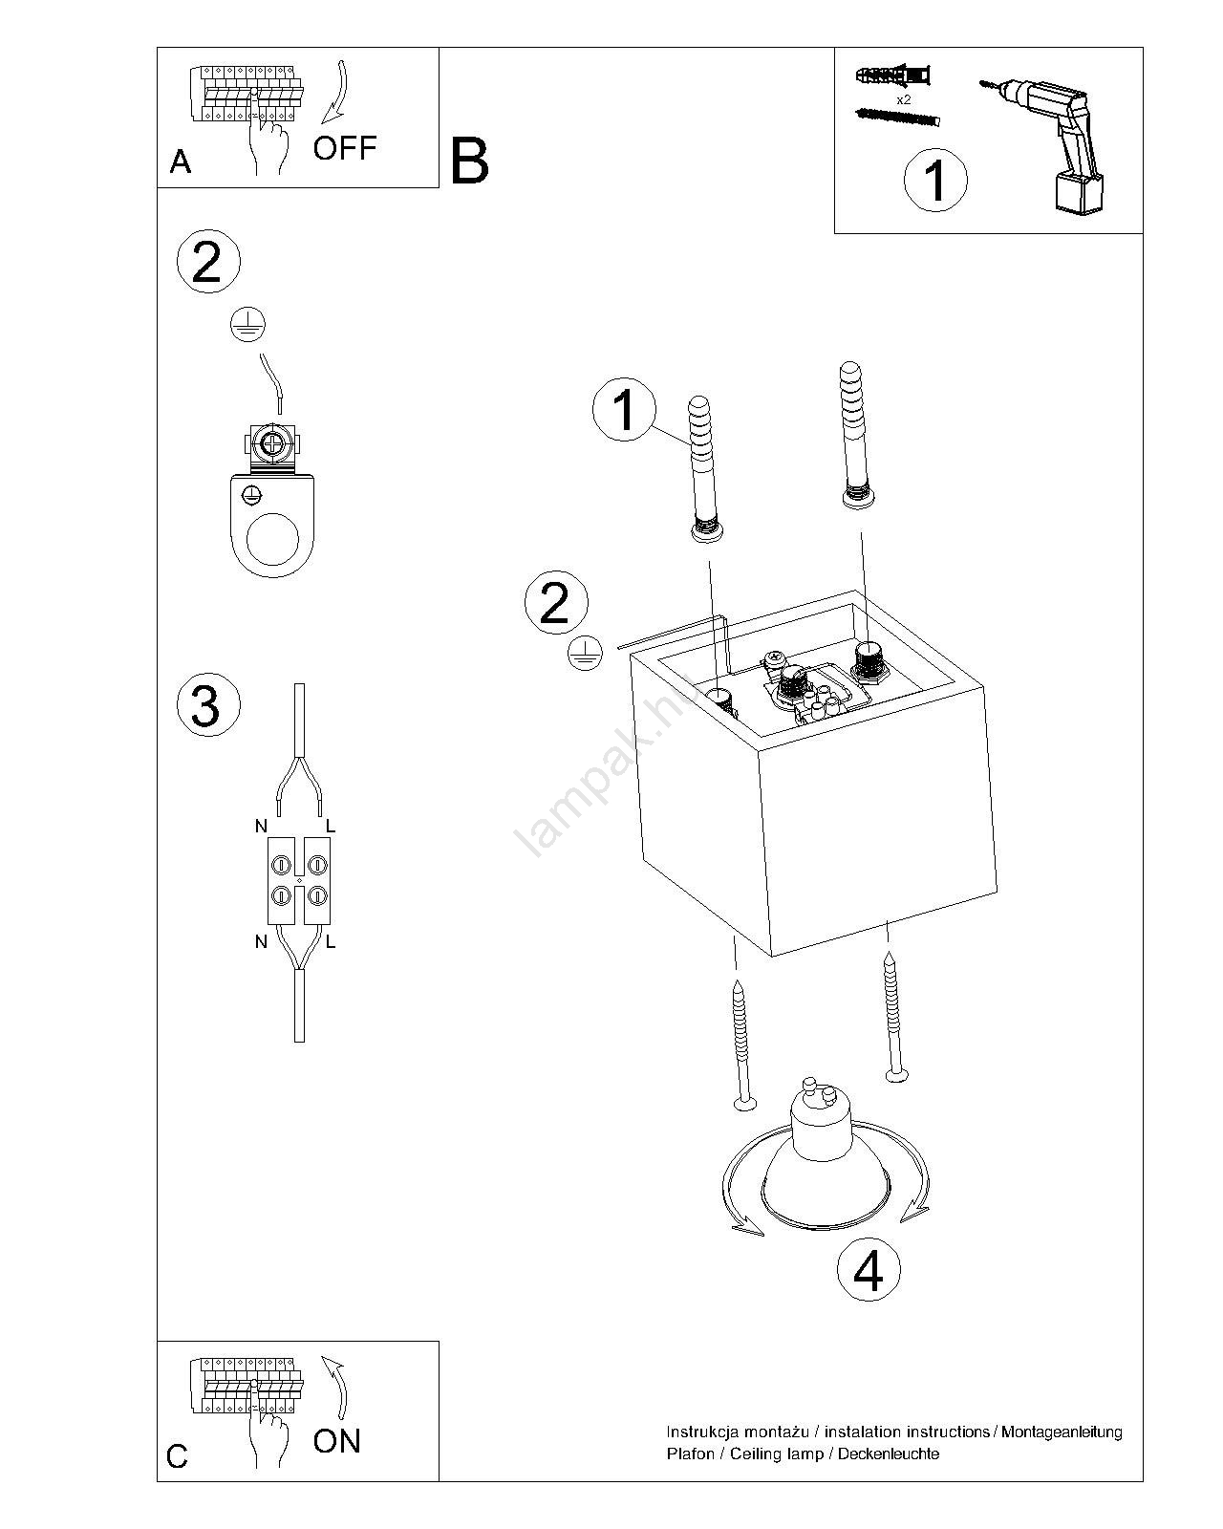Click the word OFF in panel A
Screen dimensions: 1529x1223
pyautogui.click(x=345, y=148)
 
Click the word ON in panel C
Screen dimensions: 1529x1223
pyautogui.click(x=336, y=1440)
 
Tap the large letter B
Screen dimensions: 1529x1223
pyautogui.click(x=469, y=161)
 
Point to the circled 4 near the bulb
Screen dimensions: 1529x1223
pyautogui.click(x=869, y=1272)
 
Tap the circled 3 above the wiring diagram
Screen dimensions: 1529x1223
pyautogui.click(x=207, y=706)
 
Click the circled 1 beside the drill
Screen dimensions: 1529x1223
pyautogui.click(x=935, y=180)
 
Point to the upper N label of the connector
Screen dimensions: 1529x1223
pyautogui.click(x=261, y=826)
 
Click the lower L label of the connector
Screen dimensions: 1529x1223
pyautogui.click(x=331, y=942)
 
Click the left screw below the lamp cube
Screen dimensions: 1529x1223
pyautogui.click(x=740, y=1047)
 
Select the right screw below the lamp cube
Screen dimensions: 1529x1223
pyautogui.click(x=893, y=1019)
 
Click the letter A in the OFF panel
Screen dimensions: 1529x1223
pyautogui.click(x=180, y=163)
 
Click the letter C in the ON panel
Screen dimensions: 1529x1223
pyautogui.click(x=178, y=1457)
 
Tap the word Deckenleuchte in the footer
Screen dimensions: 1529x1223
pyautogui.click(x=889, y=1454)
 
